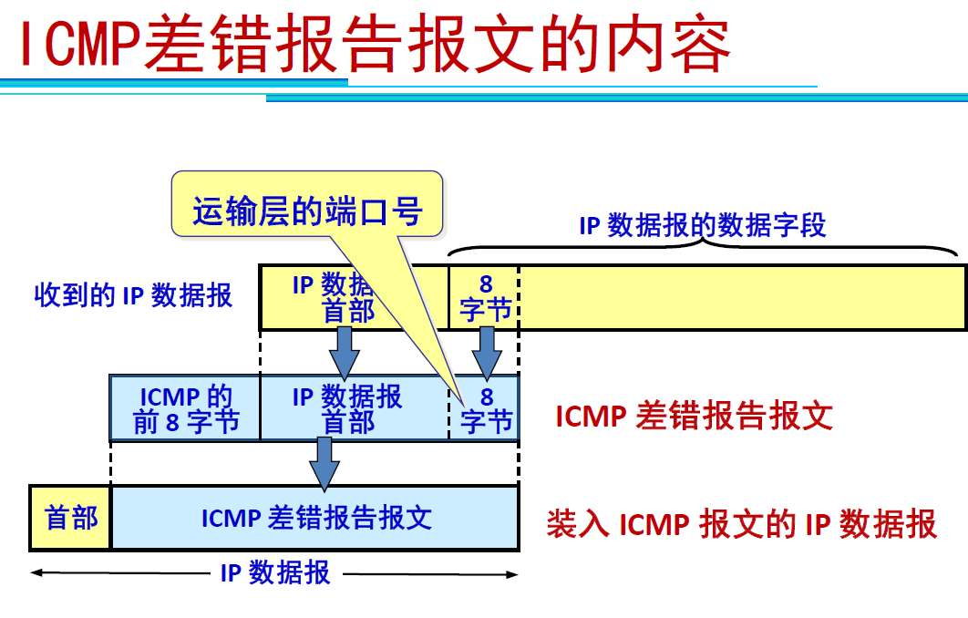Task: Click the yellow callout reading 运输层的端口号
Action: click(307, 211)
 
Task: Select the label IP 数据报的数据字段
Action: click(702, 225)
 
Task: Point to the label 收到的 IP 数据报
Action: click(133, 295)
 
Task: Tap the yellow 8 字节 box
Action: click(485, 297)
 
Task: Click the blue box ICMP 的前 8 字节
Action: click(185, 408)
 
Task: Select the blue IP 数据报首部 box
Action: click(347, 408)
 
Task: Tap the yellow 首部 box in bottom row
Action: click(71, 518)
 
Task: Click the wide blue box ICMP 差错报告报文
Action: click(315, 518)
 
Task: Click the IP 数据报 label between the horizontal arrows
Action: click(274, 573)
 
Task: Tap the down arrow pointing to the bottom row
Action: click(324, 463)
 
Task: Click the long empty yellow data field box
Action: click(742, 297)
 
